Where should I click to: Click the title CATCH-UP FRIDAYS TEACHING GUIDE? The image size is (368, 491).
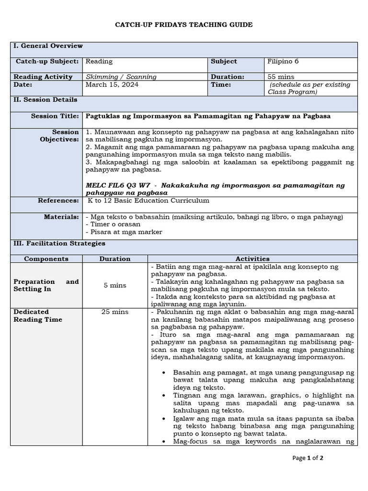click(x=184, y=24)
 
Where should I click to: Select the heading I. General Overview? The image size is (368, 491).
click(x=48, y=46)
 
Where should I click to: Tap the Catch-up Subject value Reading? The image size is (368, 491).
click(x=99, y=61)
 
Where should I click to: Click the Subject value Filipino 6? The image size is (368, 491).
click(x=283, y=61)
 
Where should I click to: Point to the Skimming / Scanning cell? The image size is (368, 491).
click(x=121, y=77)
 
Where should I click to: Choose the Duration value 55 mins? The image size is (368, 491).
click(x=281, y=77)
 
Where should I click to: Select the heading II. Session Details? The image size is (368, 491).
click(x=46, y=100)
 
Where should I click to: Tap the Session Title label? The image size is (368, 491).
click(x=55, y=116)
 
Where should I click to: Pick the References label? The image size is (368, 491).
click(x=58, y=200)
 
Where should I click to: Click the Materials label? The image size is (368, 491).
click(x=61, y=217)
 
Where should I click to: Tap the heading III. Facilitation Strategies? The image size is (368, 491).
click(x=59, y=244)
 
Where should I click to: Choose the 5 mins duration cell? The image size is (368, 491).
click(x=115, y=285)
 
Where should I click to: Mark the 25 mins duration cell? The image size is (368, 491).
click(x=115, y=312)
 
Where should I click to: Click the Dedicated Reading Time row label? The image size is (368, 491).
click(x=38, y=316)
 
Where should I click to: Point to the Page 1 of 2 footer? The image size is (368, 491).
click(x=308, y=458)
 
